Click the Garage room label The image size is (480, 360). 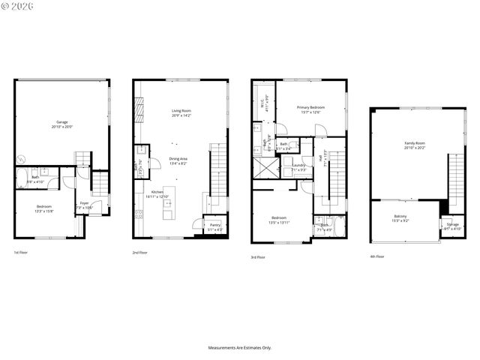(x=61, y=124)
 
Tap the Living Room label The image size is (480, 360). (x=181, y=113)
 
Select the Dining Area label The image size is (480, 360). (x=178, y=160)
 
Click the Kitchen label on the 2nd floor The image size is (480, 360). (x=157, y=194)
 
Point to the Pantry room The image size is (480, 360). (x=214, y=226)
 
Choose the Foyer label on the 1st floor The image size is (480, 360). (x=82, y=205)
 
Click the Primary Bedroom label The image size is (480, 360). (x=310, y=109)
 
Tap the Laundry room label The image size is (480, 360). (x=298, y=167)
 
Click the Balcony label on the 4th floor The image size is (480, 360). (x=400, y=218)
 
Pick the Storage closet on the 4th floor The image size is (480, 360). (x=452, y=226)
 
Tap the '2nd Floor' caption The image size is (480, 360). (x=140, y=253)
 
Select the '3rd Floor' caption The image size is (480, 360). (x=259, y=257)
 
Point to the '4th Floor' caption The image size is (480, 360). (x=376, y=256)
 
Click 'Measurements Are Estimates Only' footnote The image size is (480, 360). (x=239, y=348)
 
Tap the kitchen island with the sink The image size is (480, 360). (x=168, y=207)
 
